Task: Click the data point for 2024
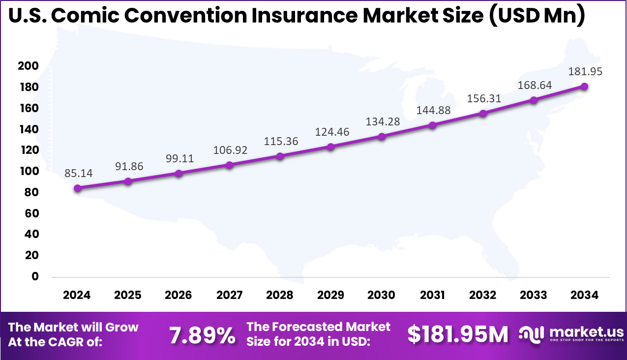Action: click(x=77, y=188)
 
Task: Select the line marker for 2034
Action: click(x=584, y=87)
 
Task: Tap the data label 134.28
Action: click(x=383, y=121)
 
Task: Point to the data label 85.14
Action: click(x=78, y=173)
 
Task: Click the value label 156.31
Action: click(x=484, y=98)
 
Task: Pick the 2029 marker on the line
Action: click(x=330, y=147)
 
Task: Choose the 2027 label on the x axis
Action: click(x=229, y=295)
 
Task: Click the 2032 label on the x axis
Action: click(x=483, y=295)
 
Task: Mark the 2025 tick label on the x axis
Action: click(x=128, y=295)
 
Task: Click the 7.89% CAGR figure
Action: click(x=202, y=335)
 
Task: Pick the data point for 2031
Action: click(x=432, y=125)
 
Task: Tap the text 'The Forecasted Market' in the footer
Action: click(x=318, y=327)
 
